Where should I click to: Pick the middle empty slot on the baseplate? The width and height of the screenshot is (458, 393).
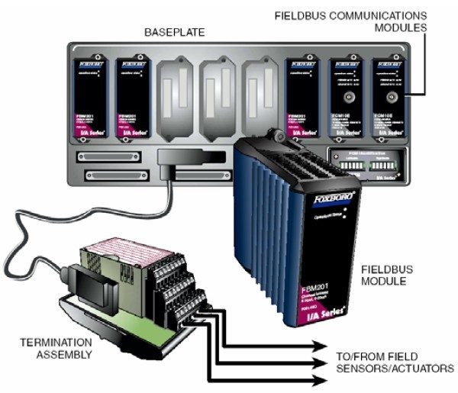click(218, 92)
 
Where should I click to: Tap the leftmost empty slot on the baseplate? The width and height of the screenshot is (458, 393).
click(177, 92)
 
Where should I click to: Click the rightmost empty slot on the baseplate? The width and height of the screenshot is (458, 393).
click(260, 92)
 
